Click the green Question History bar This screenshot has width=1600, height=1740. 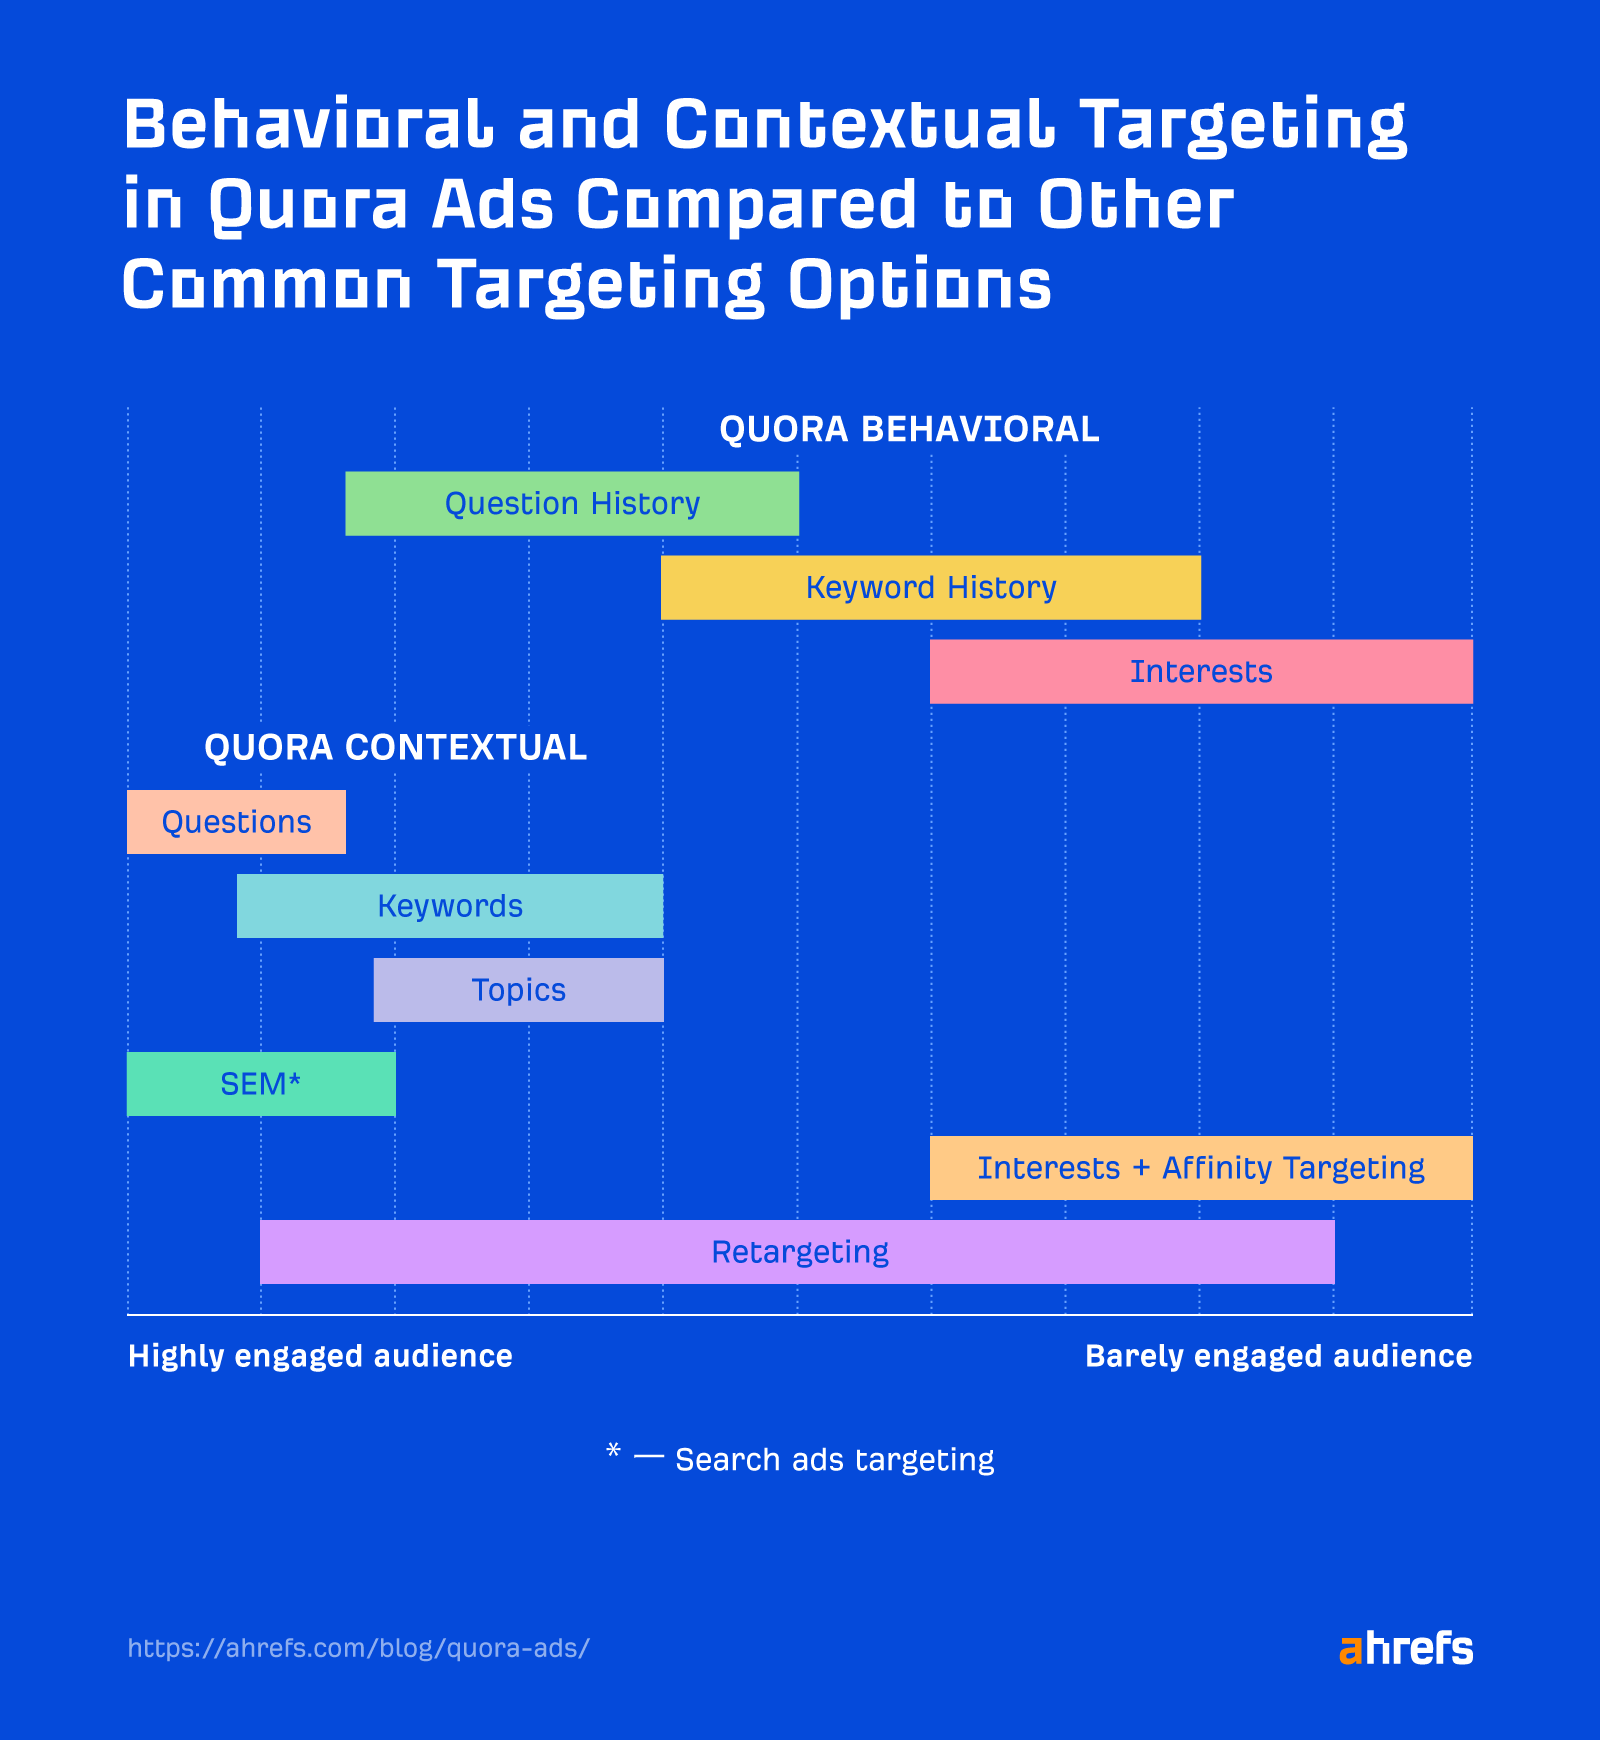pyautogui.click(x=572, y=504)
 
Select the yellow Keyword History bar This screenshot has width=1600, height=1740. pyautogui.click(x=930, y=588)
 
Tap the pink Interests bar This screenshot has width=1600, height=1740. pyautogui.click(x=1200, y=672)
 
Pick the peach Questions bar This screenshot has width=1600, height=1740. pyautogui.click(x=236, y=822)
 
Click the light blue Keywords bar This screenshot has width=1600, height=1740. pyautogui.click(x=450, y=906)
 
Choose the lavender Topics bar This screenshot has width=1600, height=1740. pyautogui.click(x=518, y=990)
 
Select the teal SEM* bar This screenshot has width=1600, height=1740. pyautogui.click(x=261, y=1084)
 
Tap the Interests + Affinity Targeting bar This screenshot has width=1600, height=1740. pyautogui.click(x=1200, y=1168)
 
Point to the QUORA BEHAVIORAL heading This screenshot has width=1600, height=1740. pyautogui.click(x=909, y=430)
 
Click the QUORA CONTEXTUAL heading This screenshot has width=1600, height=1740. pyautogui.click(x=395, y=748)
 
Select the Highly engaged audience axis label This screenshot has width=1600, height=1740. pyautogui.click(x=320, y=1356)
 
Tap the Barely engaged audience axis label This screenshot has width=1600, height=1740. pyautogui.click(x=1278, y=1356)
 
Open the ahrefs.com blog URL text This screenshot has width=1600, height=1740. pyautogui.click(x=358, y=1648)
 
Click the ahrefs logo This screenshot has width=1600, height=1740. pyautogui.click(x=1405, y=1648)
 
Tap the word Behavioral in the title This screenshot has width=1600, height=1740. pyautogui.click(x=308, y=126)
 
